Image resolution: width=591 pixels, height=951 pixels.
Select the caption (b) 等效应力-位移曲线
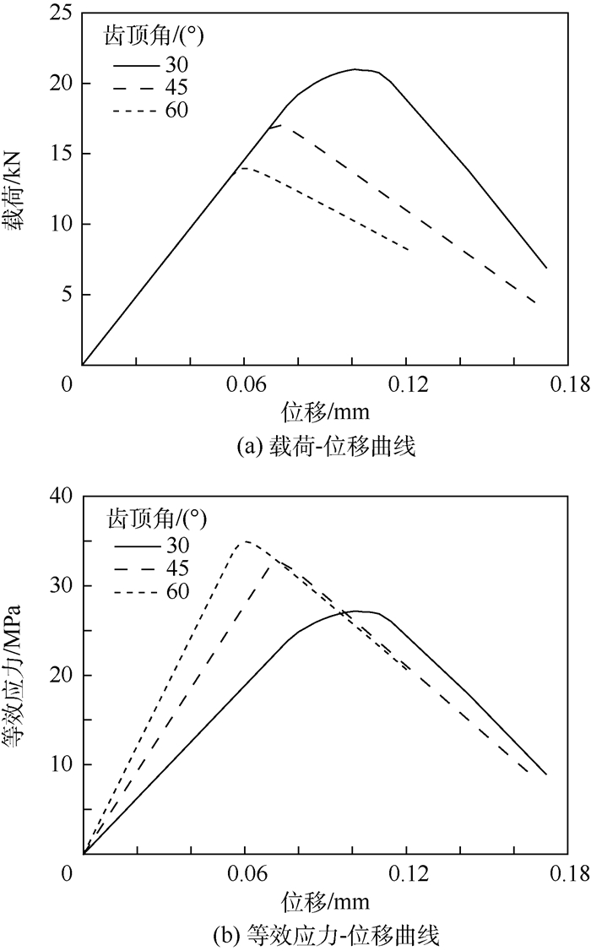tap(325, 934)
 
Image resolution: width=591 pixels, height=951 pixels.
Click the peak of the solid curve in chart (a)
tap(356, 69)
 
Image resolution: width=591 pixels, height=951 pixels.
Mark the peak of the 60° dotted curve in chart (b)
tap(246, 541)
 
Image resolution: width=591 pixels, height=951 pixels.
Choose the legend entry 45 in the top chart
tap(176, 87)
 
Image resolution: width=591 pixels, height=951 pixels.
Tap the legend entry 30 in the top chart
tap(176, 64)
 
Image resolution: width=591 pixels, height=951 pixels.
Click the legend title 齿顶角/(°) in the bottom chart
tap(157, 514)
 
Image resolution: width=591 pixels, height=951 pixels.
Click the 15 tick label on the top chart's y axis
tap(58, 154)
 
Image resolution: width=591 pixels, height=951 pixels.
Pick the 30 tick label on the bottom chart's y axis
tap(58, 585)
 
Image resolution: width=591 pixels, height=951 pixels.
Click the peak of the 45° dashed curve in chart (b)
tap(274, 561)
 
